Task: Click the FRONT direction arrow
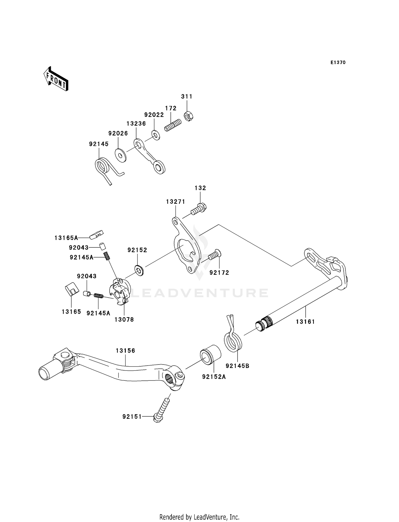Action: click(x=56, y=79)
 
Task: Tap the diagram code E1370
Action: click(x=338, y=63)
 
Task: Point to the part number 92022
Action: click(x=154, y=115)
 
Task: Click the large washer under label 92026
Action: click(x=120, y=155)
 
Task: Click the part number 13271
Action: click(x=175, y=202)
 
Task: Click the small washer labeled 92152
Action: click(x=139, y=270)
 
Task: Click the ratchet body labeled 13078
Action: click(x=120, y=292)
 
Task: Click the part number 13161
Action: click(x=305, y=322)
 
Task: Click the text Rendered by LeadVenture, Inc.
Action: click(x=199, y=517)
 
